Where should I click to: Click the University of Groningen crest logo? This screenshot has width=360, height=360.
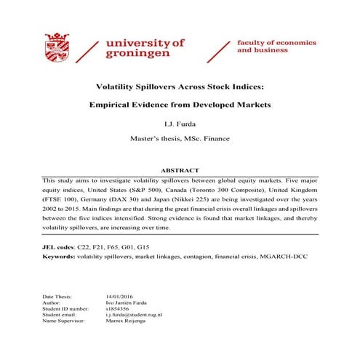click(x=59, y=47)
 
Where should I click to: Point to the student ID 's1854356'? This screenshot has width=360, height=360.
click(x=119, y=308)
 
